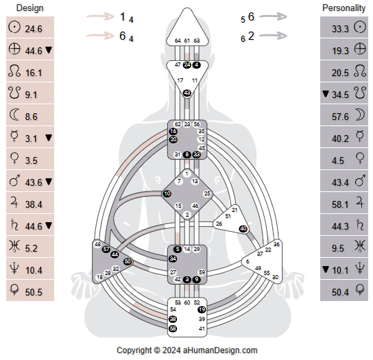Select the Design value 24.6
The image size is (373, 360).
[34, 29]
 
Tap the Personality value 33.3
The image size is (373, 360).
[340, 29]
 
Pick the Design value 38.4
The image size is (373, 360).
[34, 204]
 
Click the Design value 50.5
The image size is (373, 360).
[34, 292]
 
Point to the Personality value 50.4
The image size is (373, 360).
[340, 292]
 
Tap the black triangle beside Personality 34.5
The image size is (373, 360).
[325, 95]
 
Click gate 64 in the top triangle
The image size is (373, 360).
[178, 41]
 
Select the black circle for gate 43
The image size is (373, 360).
[186, 93]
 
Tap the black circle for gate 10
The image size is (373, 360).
[167, 194]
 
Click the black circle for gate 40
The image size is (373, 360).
[243, 228]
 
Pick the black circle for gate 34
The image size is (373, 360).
[173, 259]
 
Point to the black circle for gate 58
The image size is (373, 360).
[173, 329]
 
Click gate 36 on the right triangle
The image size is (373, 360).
[276, 244]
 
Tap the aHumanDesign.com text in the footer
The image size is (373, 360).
[220, 350]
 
